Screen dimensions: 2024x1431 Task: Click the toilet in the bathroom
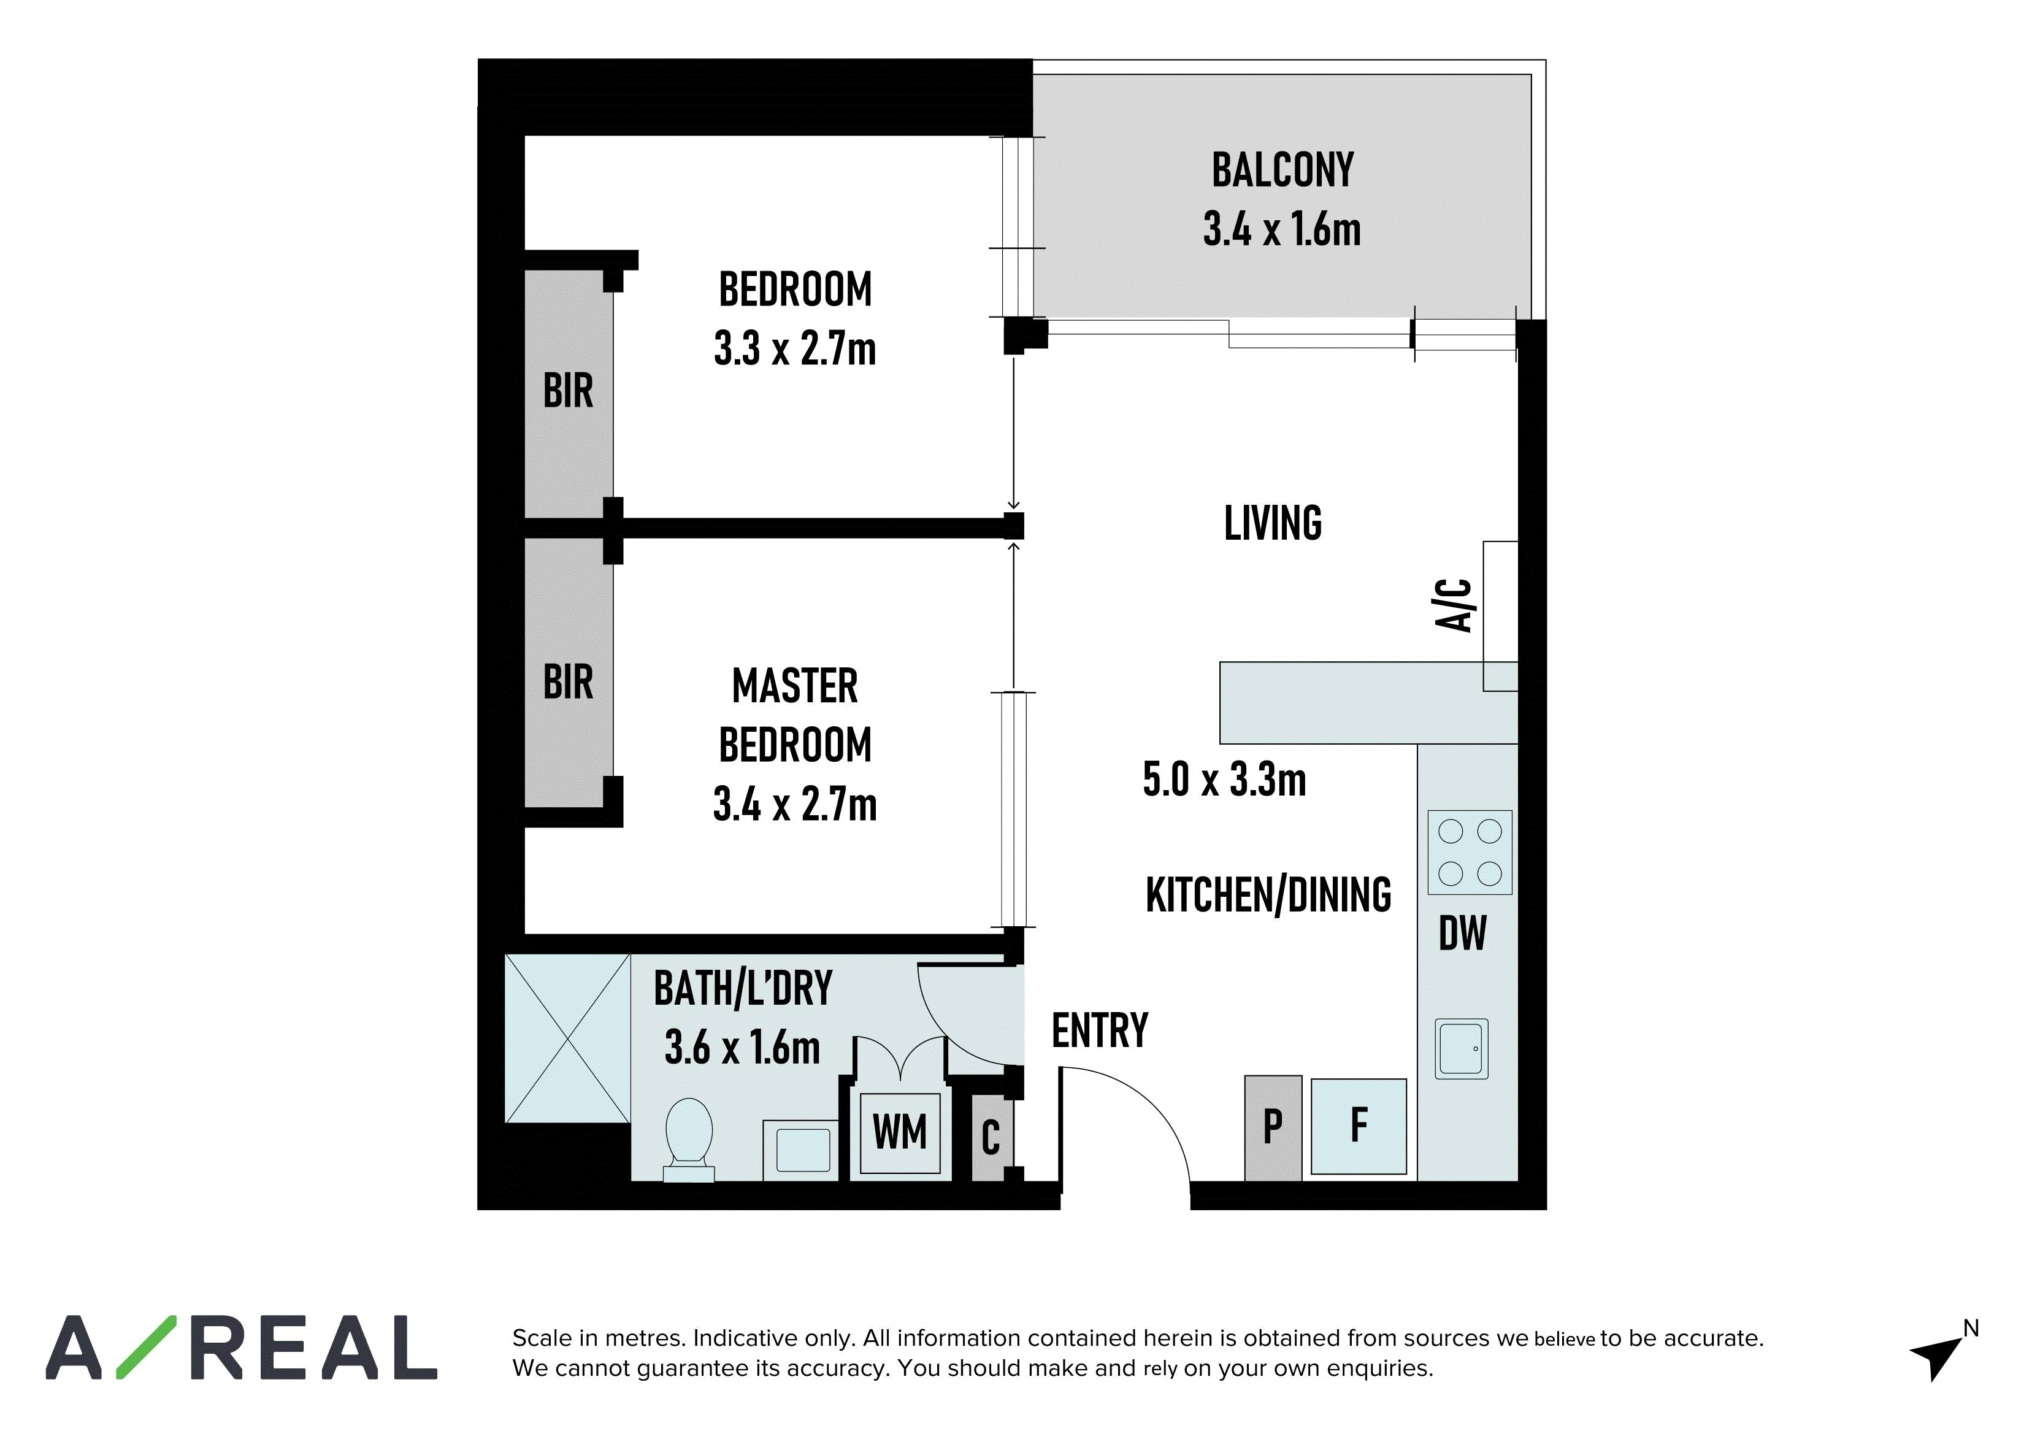pyautogui.click(x=689, y=1139)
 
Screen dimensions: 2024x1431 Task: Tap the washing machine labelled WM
pyautogui.click(x=900, y=1132)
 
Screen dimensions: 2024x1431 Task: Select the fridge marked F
pyautogui.click(x=1359, y=1126)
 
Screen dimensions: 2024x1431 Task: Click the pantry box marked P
pyautogui.click(x=1273, y=1128)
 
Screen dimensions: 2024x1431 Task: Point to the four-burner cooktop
pyautogui.click(x=1470, y=853)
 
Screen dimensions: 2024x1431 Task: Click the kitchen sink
pyautogui.click(x=1462, y=1048)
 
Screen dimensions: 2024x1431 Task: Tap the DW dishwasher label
pyautogui.click(x=1462, y=933)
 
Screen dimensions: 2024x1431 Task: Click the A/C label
pyautogui.click(x=1454, y=605)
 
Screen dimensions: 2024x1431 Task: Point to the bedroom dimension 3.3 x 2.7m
pyautogui.click(x=795, y=348)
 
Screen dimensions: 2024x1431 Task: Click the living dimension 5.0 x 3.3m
pyautogui.click(x=1224, y=780)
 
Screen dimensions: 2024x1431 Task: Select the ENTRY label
pyautogui.click(x=1100, y=1030)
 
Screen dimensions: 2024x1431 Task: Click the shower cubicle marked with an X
pyautogui.click(x=567, y=1038)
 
